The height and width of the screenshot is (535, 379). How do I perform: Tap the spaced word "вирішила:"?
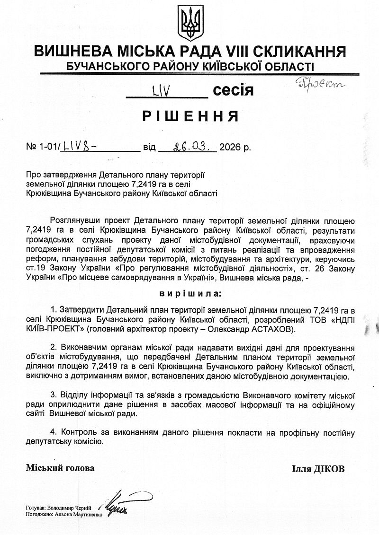pyautogui.click(x=190, y=293)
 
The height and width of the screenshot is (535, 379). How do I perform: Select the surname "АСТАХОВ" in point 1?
pyautogui.click(x=274, y=328)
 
